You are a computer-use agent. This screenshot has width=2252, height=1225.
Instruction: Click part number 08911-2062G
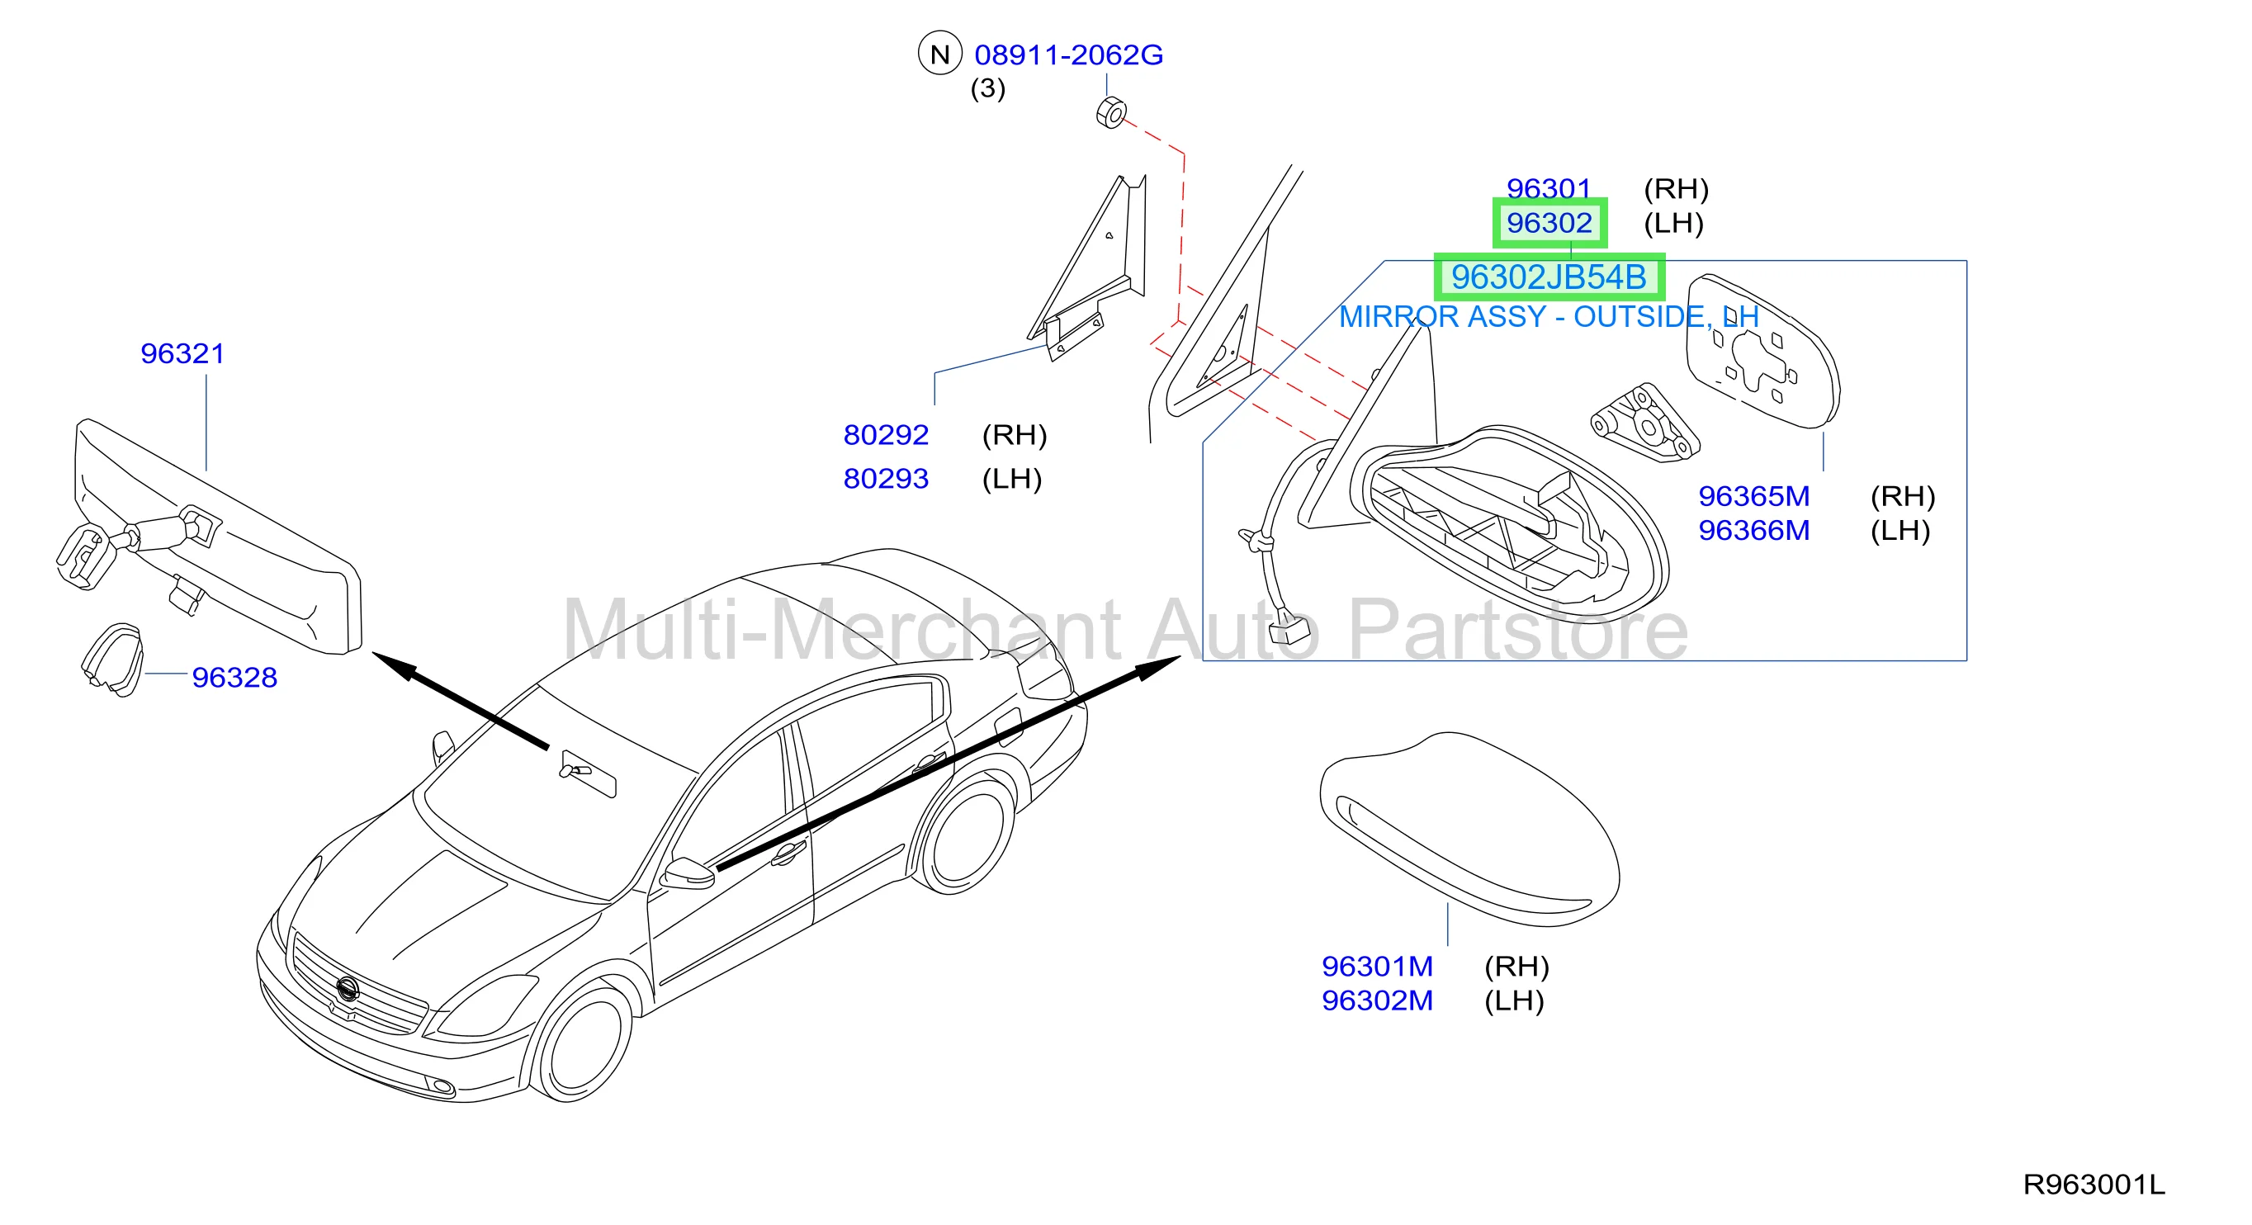point(1068,55)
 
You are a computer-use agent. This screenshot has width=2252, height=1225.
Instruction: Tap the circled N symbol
point(939,54)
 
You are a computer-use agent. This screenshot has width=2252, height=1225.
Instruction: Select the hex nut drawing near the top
point(1111,114)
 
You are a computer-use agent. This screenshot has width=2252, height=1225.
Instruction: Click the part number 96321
point(182,353)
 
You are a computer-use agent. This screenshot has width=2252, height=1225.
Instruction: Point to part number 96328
point(234,677)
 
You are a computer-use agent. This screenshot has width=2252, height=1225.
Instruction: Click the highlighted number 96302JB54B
point(1549,277)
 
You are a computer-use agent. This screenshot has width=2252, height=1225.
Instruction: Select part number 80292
point(886,434)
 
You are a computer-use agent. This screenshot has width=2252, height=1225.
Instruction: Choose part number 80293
point(886,478)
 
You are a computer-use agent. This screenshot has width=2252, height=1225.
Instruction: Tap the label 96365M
point(1753,496)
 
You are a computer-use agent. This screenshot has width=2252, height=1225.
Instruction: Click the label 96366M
point(1753,530)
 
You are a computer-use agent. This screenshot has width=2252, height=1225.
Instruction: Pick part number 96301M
point(1377,966)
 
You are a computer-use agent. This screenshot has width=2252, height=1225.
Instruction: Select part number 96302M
point(1377,1000)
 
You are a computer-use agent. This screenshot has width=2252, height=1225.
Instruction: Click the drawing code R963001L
point(2094,1184)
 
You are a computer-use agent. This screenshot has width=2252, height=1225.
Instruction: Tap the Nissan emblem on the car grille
point(347,988)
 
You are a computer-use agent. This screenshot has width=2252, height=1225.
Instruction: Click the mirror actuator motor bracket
point(1644,423)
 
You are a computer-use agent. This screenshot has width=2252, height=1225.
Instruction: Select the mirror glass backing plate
point(1762,350)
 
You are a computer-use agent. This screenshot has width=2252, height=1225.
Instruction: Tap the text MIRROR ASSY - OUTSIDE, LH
point(1549,316)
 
